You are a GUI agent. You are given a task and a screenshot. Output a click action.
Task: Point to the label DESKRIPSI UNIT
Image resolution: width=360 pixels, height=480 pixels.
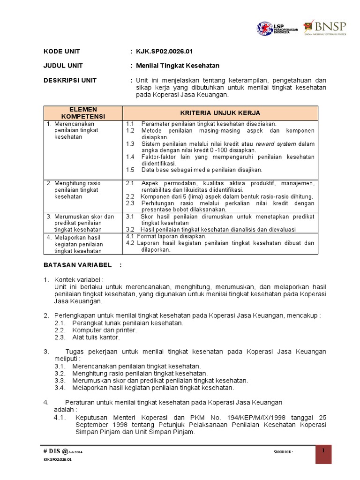click(70, 80)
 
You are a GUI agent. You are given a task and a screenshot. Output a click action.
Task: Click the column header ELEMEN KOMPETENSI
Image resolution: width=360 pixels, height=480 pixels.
click(82, 112)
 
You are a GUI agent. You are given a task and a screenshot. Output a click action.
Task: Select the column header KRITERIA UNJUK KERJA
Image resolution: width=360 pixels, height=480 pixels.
click(220, 113)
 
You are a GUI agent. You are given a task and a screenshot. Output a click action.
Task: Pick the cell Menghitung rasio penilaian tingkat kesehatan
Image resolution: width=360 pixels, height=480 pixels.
click(77, 190)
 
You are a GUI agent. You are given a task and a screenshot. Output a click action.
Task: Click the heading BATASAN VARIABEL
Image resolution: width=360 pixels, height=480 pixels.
click(78, 265)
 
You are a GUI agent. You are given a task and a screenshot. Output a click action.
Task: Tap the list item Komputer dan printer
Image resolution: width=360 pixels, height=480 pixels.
click(105, 330)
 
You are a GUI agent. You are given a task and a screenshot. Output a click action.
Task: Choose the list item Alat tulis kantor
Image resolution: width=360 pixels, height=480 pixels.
click(96, 337)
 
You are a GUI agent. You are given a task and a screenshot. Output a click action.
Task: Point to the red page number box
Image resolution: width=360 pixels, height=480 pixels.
click(323, 454)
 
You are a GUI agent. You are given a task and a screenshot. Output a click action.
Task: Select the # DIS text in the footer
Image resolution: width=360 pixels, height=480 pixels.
click(52, 451)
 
